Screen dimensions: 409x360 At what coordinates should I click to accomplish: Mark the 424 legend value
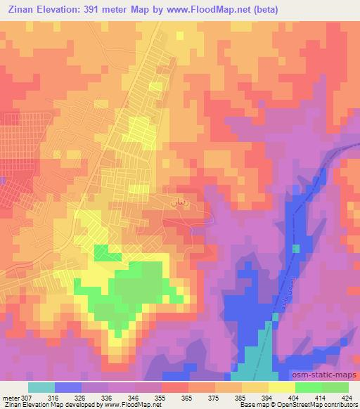pyautogui.click(x=346, y=397)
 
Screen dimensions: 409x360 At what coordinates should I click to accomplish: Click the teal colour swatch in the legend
pyautogui.click(x=41, y=387)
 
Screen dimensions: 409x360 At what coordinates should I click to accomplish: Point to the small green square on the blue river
pyautogui.click(x=296, y=248)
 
